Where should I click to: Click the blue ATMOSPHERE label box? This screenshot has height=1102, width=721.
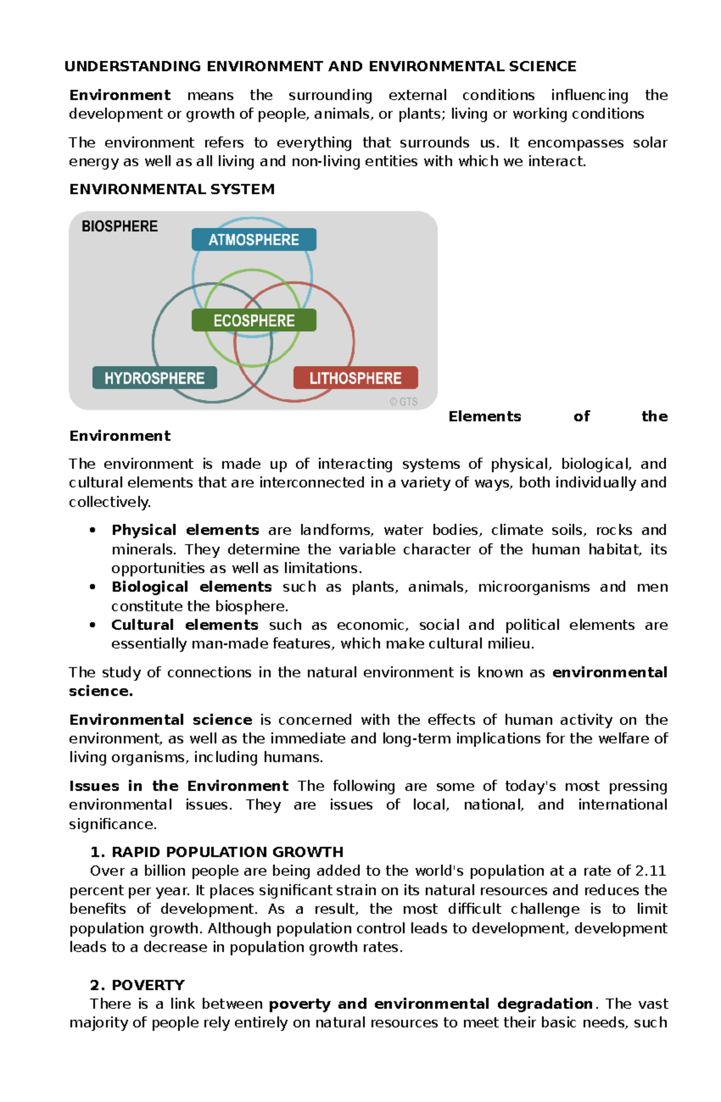tap(254, 240)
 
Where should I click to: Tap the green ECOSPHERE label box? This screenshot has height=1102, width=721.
tap(254, 320)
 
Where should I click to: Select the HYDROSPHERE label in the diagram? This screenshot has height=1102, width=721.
tap(154, 378)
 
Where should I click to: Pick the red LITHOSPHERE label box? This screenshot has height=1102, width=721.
tap(355, 378)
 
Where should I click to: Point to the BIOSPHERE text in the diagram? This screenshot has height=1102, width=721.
tap(120, 226)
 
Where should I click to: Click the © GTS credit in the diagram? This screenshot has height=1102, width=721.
tap(403, 402)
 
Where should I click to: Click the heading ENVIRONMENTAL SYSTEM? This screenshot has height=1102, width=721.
tap(172, 189)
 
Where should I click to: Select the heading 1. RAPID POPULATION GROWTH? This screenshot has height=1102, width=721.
tap(216, 852)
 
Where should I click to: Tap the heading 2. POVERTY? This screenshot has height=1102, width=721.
tap(137, 985)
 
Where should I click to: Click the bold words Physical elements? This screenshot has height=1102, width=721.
tap(185, 530)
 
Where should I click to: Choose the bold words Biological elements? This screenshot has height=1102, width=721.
tap(191, 587)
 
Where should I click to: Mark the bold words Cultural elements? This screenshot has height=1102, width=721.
tap(184, 625)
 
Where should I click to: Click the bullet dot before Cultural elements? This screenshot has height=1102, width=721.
tap(93, 625)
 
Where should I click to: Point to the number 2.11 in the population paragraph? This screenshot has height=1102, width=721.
tap(651, 871)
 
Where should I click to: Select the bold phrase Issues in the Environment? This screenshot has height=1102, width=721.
tap(178, 786)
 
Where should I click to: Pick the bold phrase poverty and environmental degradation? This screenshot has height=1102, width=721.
tap(431, 1004)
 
